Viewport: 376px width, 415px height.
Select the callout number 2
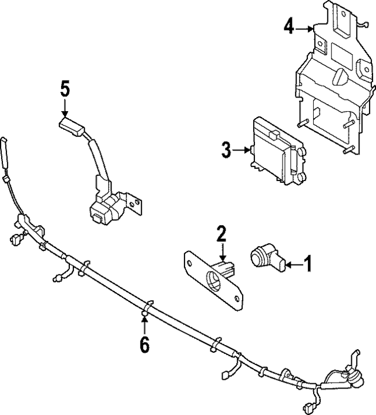(x=221, y=234)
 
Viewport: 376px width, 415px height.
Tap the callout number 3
(x=227, y=150)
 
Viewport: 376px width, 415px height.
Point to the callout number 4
(x=288, y=26)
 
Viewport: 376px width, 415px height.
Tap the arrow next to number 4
(x=305, y=28)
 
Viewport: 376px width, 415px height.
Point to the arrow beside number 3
(x=243, y=150)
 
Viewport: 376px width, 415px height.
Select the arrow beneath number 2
(x=222, y=253)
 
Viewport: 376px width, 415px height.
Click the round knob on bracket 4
(x=340, y=77)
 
